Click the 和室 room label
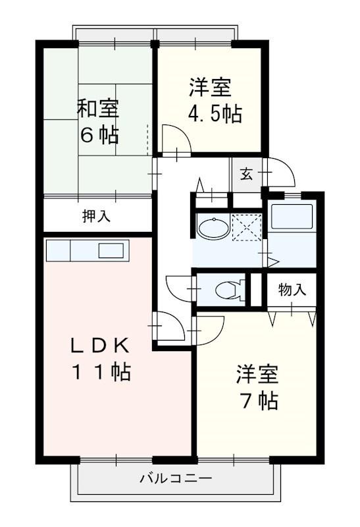point(99,107)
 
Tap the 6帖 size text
point(99,135)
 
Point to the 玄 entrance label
point(246,174)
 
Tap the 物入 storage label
point(292,289)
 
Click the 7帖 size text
point(258,400)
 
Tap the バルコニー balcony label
point(175,478)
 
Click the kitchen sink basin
point(111,251)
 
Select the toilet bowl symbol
point(228,290)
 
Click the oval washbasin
point(213,228)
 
